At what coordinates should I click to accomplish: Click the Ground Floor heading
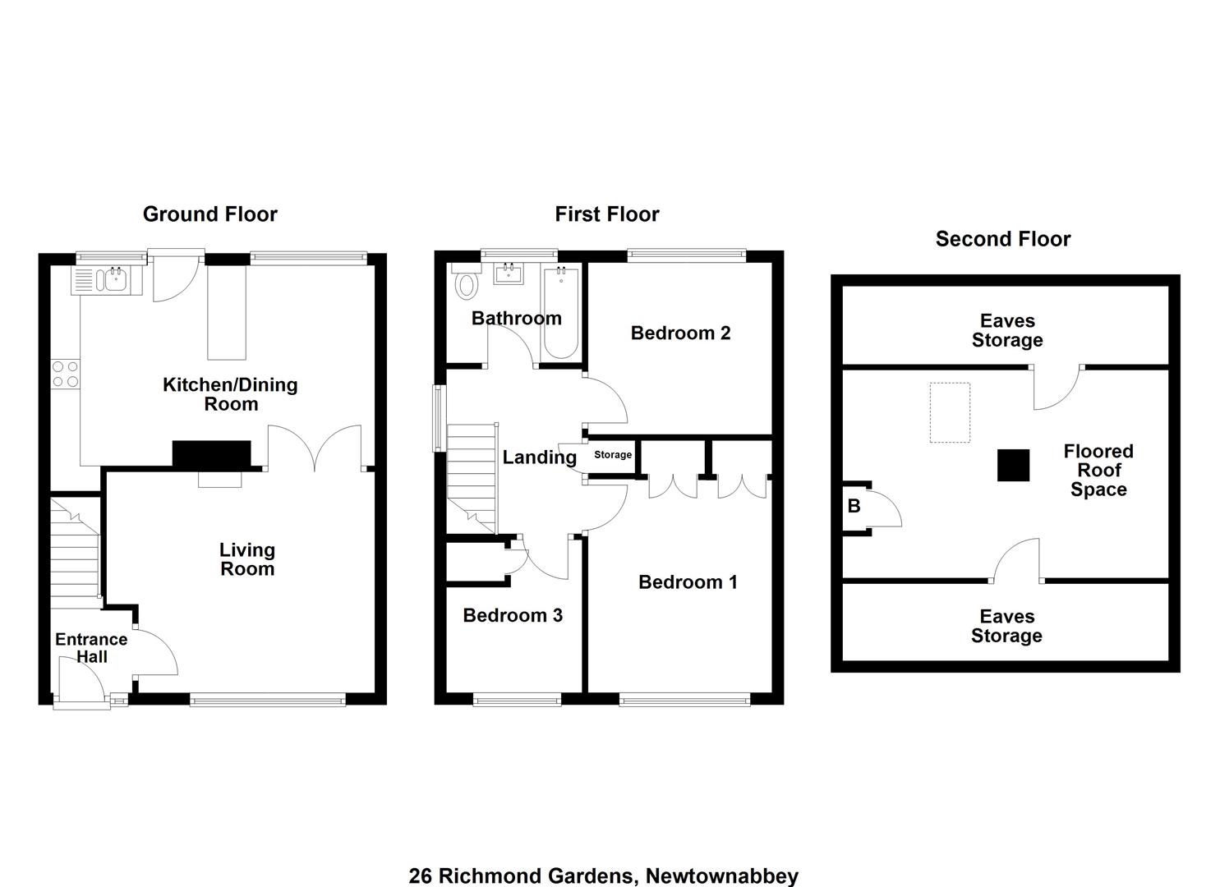pos(209,214)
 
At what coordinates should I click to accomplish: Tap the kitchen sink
pos(107,280)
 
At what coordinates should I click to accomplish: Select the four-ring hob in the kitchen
pos(66,374)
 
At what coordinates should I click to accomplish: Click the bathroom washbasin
pos(509,273)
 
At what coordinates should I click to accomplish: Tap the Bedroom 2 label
pos(680,333)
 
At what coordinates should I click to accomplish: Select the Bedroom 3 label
pos(513,615)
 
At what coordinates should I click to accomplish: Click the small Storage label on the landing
pos(613,455)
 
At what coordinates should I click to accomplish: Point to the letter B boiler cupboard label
pos(854,507)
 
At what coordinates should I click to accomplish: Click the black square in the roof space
pos(1013,465)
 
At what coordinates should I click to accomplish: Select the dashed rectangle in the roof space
pos(950,413)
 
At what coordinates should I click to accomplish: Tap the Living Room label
pos(247,559)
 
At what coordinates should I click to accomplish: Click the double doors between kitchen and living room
pos(315,448)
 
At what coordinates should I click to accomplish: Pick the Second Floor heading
pos(1002,239)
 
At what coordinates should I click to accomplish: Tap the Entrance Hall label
pos(91,647)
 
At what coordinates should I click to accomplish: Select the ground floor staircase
pos(75,553)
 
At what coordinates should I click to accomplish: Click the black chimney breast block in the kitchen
pos(212,453)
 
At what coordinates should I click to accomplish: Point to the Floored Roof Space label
pos(1098,470)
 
